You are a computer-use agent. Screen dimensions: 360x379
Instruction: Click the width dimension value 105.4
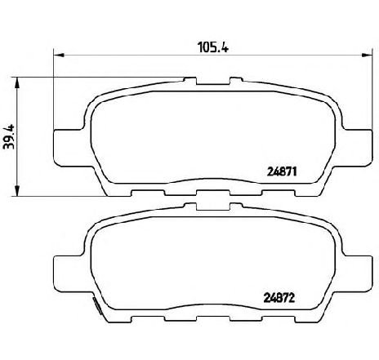pos(212,47)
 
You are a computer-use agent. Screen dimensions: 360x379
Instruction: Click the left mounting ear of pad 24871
pos(66,144)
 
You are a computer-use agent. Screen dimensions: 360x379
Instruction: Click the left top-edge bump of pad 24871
pos(189,81)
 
